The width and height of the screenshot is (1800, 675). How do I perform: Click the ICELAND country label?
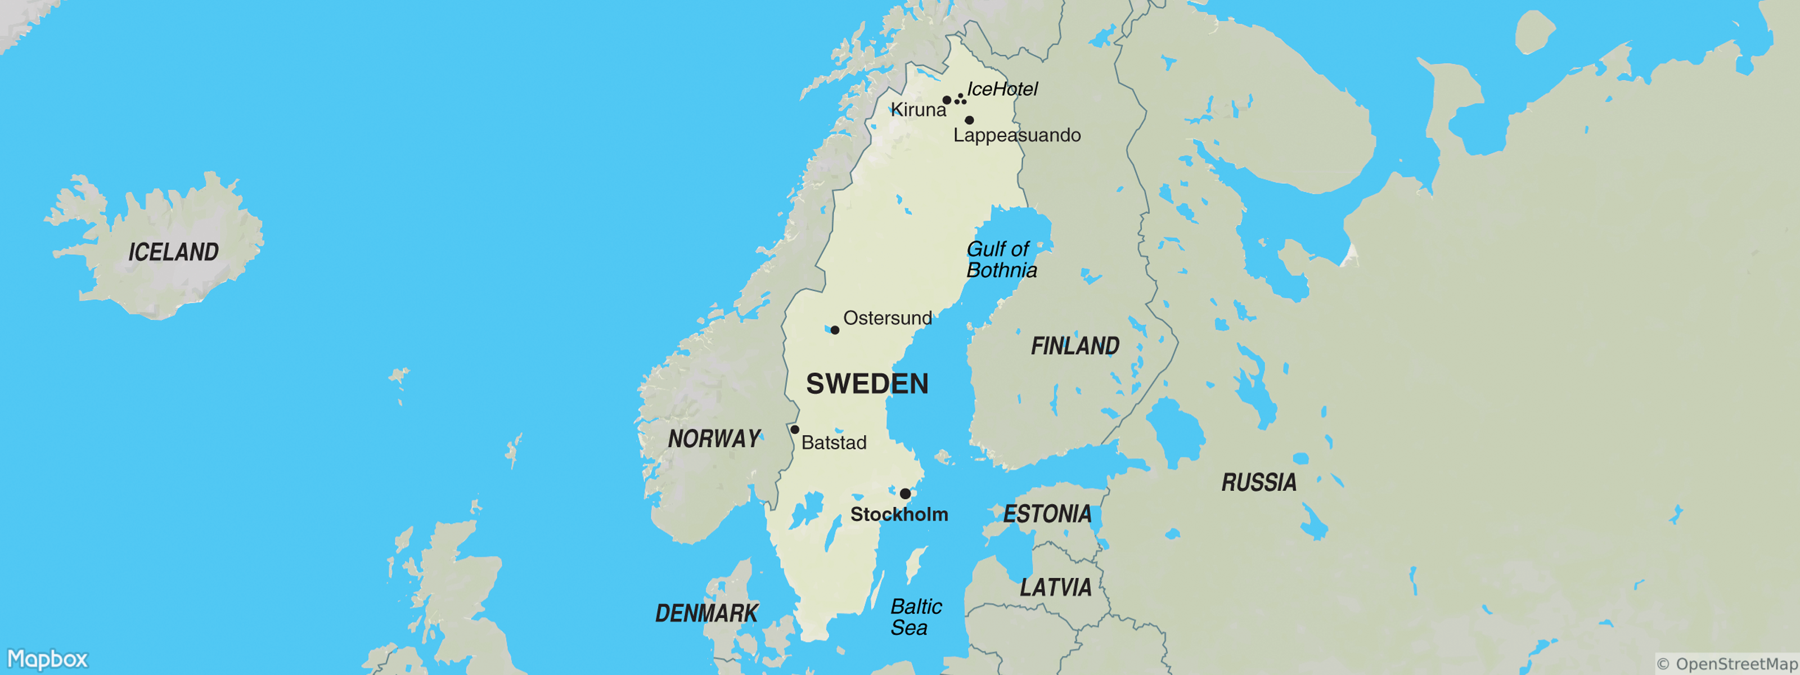(x=173, y=251)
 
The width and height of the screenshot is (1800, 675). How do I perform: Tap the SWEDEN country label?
(x=867, y=384)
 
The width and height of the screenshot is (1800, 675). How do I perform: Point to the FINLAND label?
(x=1075, y=346)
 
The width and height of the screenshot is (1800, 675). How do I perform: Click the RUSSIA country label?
(x=1258, y=482)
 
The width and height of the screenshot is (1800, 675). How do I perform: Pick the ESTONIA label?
(x=1047, y=514)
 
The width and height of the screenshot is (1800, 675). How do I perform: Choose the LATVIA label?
(x=1055, y=588)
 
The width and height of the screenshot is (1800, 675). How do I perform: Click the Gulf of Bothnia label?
(x=1001, y=260)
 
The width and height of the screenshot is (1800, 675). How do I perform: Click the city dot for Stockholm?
(x=905, y=494)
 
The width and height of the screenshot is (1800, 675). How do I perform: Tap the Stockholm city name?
(x=899, y=515)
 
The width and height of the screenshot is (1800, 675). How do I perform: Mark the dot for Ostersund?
(x=834, y=330)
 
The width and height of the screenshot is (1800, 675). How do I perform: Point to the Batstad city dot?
(x=794, y=430)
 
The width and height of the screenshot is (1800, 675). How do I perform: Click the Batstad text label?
(x=834, y=443)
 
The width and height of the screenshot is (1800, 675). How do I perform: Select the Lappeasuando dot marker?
(x=969, y=120)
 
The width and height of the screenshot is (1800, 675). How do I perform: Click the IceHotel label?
(x=1002, y=89)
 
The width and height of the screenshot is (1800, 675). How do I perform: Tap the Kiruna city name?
(x=918, y=110)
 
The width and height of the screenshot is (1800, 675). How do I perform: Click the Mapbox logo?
(x=47, y=659)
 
